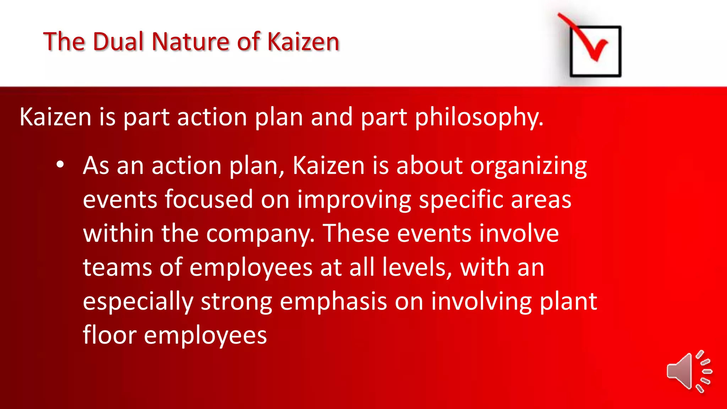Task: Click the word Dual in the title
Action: pos(119,42)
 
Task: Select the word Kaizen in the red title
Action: pos(303,42)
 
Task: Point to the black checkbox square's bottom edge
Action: pos(595,75)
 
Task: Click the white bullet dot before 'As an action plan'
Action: pos(60,165)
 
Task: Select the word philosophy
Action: pos(479,118)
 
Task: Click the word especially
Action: pos(138,302)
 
